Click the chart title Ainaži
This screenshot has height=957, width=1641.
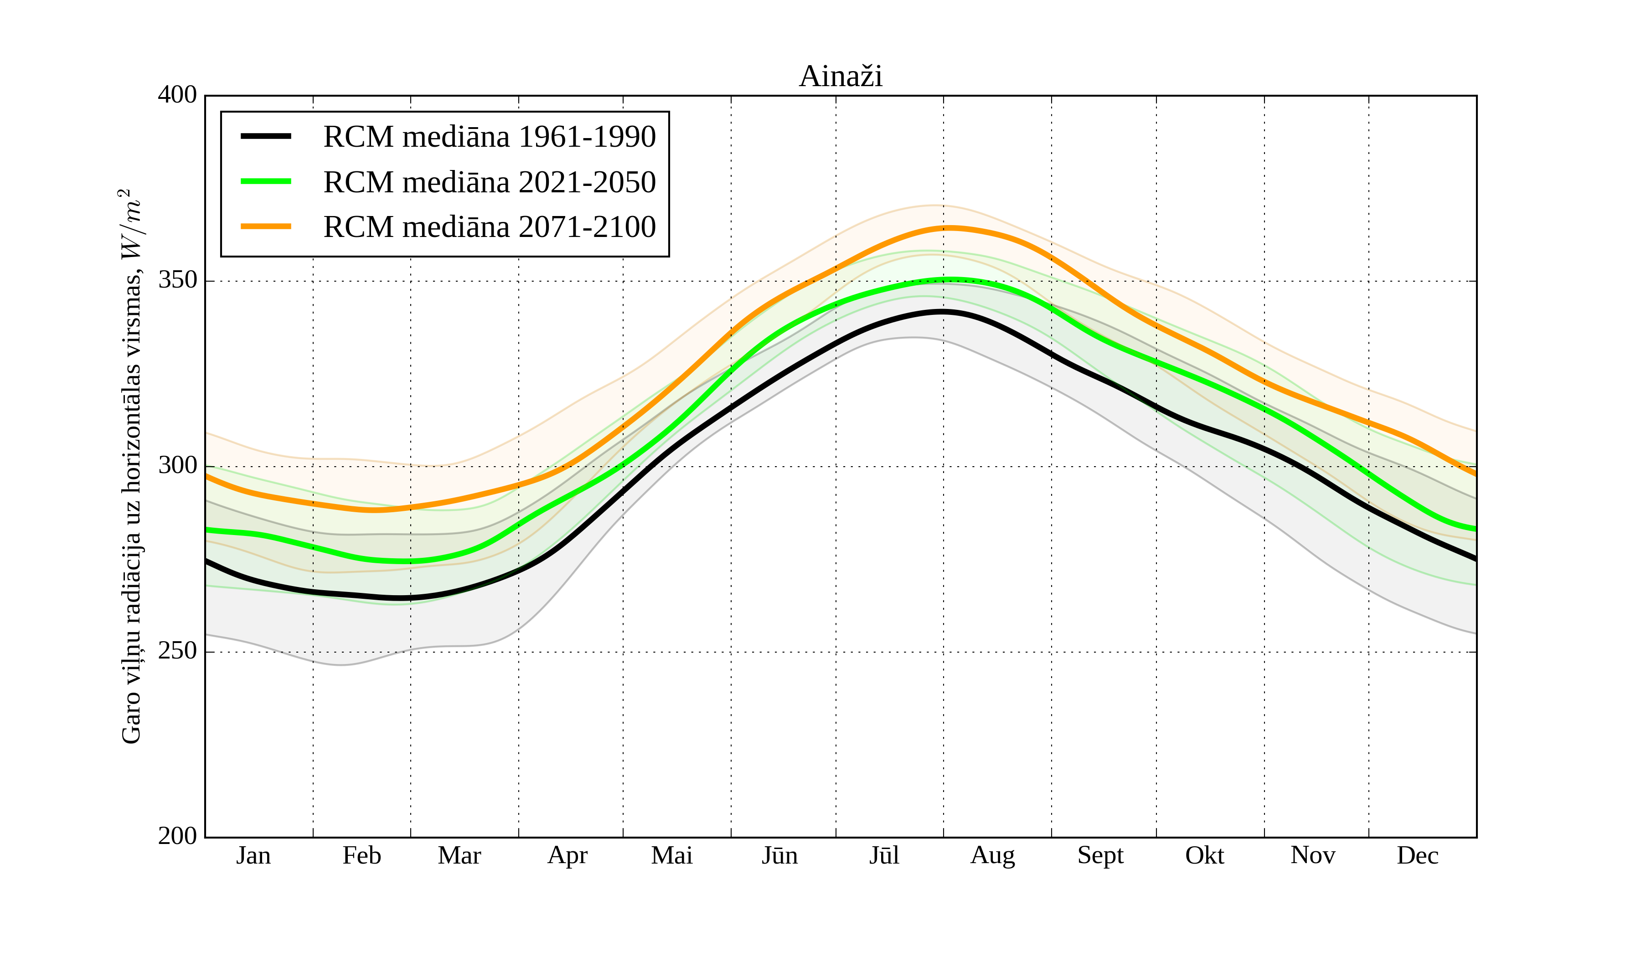pos(841,77)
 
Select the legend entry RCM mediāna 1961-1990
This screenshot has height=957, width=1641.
pos(489,137)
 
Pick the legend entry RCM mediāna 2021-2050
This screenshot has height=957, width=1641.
pos(489,182)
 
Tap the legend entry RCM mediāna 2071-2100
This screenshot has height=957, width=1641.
pos(489,227)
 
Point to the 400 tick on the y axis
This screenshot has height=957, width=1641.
pos(177,95)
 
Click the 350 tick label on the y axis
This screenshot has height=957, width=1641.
pos(177,281)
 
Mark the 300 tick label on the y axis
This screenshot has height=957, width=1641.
pos(177,466)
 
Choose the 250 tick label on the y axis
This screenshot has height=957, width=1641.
pos(177,651)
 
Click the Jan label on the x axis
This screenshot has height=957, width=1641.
pos(253,855)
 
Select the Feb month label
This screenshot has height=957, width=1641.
pos(361,855)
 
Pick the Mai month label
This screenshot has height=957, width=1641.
pos(672,855)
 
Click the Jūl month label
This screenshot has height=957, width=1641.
pos(884,855)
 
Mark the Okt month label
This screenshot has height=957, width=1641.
pos(1205,855)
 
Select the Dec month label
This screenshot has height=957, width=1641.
pos(1418,855)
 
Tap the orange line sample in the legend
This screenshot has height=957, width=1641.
pos(266,226)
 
